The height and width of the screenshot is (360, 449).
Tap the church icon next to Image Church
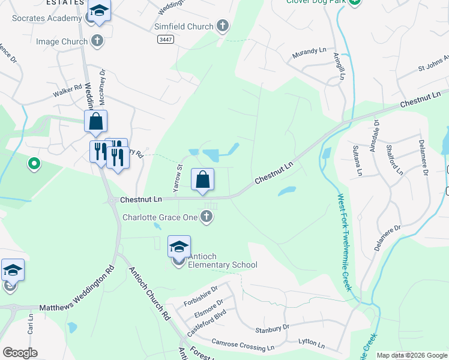pos(97,41)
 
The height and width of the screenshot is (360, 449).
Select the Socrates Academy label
pos(46,18)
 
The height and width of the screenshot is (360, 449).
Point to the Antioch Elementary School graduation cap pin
pos(179,247)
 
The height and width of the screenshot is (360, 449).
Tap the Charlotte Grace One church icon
pos(206,217)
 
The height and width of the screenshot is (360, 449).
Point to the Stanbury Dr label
pos(272,329)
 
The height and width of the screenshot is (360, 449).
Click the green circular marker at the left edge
pos(34,163)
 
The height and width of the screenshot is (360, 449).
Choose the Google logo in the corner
pos(20,353)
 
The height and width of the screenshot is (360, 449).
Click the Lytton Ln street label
pos(312,344)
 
